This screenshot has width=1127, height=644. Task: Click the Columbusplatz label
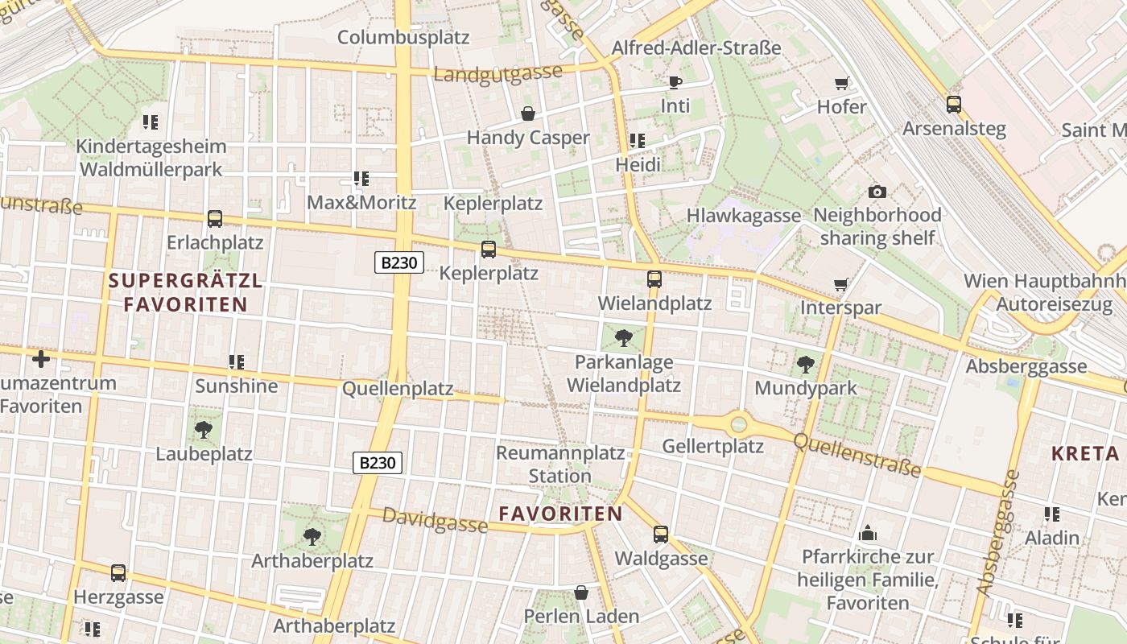click(402, 37)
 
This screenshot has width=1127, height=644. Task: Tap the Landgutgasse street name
click(497, 73)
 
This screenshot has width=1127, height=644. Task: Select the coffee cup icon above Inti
click(675, 82)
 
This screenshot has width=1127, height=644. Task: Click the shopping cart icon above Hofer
click(842, 83)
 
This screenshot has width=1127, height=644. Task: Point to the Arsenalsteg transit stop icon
click(954, 105)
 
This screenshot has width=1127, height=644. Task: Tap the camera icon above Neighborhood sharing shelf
click(877, 192)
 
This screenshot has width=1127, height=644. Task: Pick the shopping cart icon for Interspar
click(841, 284)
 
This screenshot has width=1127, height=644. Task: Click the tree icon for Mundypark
click(805, 365)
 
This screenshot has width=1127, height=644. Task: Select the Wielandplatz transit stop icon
click(654, 279)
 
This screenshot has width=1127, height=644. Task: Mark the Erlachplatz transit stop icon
click(215, 219)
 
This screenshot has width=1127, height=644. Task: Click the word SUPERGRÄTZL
click(186, 281)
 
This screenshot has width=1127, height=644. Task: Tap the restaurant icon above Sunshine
click(236, 362)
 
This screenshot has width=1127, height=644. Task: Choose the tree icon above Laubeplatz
click(204, 429)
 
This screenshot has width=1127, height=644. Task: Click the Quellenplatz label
click(398, 389)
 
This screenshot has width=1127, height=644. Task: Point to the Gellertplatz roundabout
click(738, 423)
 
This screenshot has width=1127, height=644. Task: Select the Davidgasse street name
click(435, 521)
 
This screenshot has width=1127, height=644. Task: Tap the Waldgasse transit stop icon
click(661, 534)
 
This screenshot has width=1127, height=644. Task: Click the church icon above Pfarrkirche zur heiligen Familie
click(868, 533)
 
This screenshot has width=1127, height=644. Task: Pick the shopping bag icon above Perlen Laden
click(581, 593)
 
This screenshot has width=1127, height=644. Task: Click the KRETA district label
click(1084, 453)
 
